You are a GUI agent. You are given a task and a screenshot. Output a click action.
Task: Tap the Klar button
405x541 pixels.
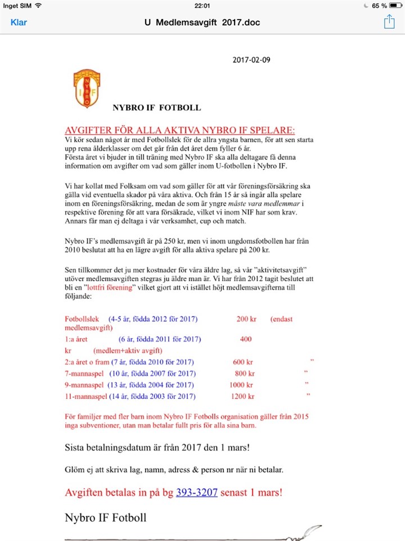pos(19,23)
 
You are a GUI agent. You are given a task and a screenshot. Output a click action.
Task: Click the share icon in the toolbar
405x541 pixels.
pos(389,22)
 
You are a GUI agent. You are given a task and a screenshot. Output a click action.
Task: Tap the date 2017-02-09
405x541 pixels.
pos(251,60)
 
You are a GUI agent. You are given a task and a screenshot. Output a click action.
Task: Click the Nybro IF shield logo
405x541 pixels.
pos(85,88)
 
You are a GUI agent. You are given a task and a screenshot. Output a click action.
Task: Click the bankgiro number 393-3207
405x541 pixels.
pos(196,492)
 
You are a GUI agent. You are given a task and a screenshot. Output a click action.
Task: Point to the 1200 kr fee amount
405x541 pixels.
pos(242,396)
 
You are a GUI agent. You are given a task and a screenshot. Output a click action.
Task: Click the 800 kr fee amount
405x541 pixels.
pos(245,373)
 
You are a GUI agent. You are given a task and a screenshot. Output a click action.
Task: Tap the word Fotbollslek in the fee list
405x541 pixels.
pos(82,319)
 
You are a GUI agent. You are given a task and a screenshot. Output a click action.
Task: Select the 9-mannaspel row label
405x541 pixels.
pos(84,385)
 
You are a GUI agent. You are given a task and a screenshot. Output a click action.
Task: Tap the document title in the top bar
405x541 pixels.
pos(202,23)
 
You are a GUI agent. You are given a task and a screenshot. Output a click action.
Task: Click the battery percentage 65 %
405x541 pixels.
pos(379,6)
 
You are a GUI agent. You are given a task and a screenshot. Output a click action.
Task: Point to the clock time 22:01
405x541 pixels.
pos(202,6)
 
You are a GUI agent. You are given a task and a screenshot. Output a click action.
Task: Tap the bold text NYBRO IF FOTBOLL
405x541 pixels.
pos(156,108)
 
